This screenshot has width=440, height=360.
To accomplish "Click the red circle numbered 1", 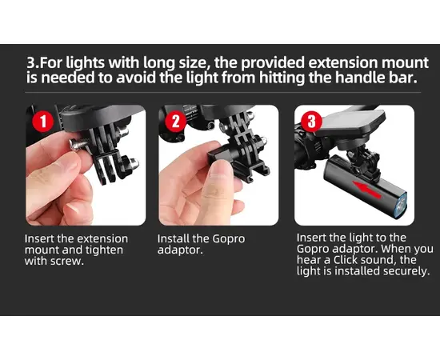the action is pyautogui.click(x=43, y=122).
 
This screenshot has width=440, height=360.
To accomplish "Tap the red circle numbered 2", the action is pyautogui.click(x=176, y=122).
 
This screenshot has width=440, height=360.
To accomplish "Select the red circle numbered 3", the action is pyautogui.click(x=312, y=122).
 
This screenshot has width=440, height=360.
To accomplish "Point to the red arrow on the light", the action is pyautogui.click(x=366, y=190).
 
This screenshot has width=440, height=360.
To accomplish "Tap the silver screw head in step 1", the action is pyautogui.click(x=75, y=145).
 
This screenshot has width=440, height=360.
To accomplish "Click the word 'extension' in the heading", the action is pyautogui.click(x=342, y=62).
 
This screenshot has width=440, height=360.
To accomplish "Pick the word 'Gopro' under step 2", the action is pyautogui.click(x=229, y=239).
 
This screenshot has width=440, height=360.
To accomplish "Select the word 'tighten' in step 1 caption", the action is pyautogui.click(x=104, y=250).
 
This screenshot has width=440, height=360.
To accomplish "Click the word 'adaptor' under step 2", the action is pyautogui.click(x=180, y=250).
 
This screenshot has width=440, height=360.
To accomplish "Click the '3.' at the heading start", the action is pyautogui.click(x=33, y=63).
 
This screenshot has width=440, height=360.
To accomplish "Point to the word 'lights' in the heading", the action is pyautogui.click(x=85, y=63).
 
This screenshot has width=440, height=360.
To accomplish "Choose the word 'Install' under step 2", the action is pyautogui.click(x=173, y=238).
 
